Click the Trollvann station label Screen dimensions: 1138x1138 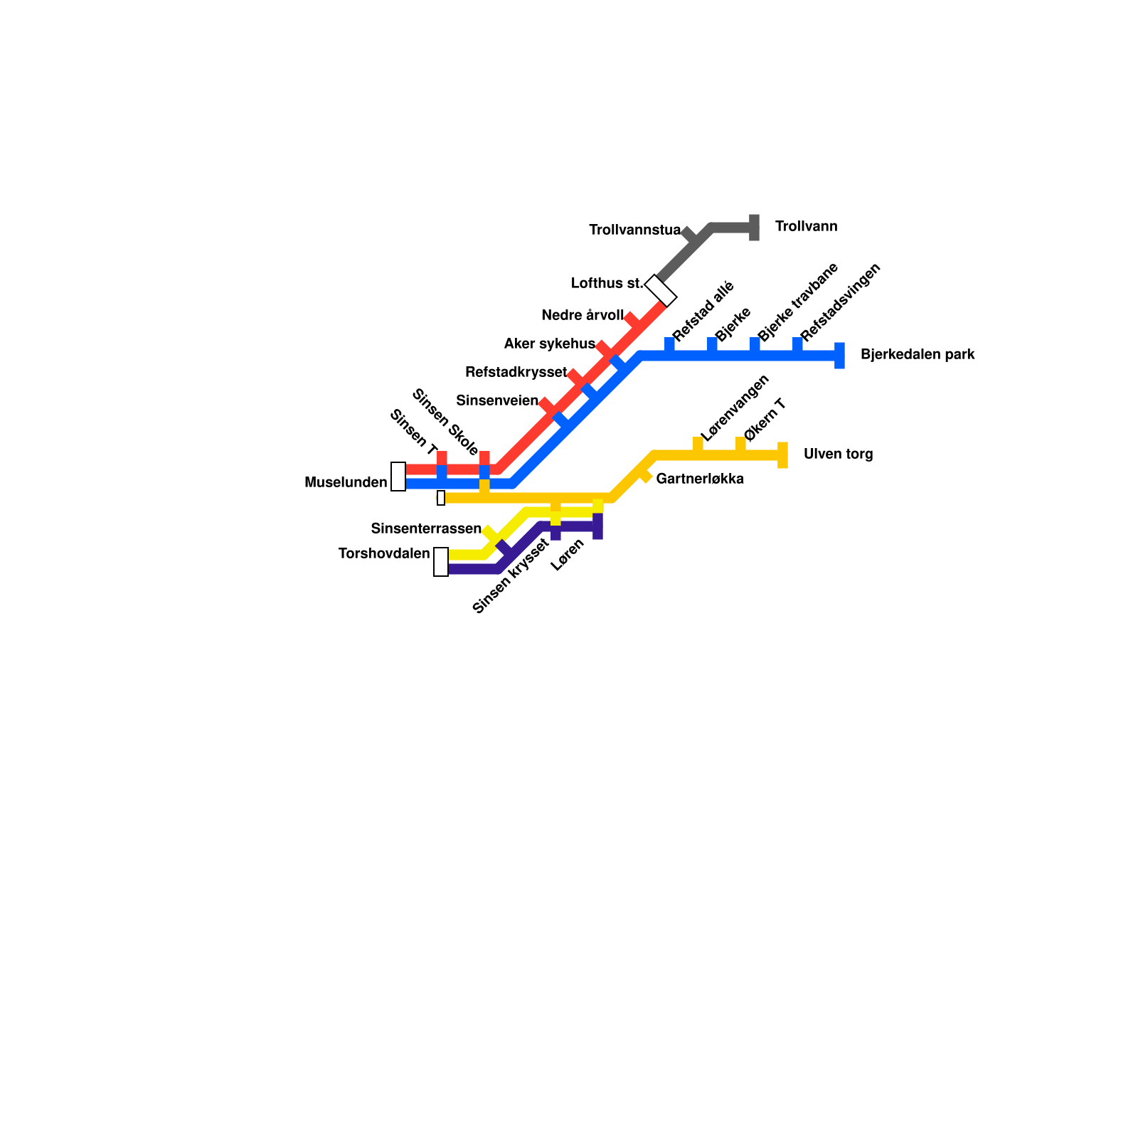806,227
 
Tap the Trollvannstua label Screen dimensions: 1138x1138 634,230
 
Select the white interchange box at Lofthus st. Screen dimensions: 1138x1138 661,290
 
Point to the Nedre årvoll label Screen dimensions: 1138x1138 582,315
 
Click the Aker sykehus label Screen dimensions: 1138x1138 549,344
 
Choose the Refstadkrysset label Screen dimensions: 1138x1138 516,372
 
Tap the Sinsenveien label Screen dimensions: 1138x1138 497,400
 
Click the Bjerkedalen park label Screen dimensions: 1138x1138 917,354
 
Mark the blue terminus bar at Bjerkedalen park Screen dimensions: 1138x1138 839,356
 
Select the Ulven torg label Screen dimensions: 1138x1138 838,454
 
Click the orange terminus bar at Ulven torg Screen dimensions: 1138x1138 782,455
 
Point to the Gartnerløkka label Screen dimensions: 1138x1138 700,479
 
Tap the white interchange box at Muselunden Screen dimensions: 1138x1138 398,477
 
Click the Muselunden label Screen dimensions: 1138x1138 346,482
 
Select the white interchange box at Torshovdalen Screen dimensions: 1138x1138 441,562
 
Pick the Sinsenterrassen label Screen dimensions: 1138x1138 426,528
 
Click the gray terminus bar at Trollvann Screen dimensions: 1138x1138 754,228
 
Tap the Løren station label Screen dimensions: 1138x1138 568,555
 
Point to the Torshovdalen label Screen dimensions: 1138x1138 384,553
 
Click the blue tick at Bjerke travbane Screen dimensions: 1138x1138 755,344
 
